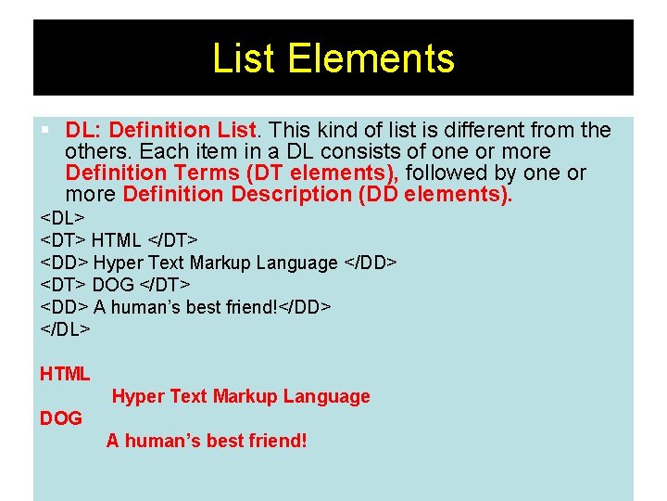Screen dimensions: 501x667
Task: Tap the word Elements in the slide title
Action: click(371, 58)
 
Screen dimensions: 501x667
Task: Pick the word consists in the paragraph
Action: click(355, 151)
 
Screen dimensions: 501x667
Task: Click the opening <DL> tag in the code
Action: click(62, 218)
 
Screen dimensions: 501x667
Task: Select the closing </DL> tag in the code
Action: click(65, 329)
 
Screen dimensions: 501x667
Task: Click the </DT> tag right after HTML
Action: click(172, 240)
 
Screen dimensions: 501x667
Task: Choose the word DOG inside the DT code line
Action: click(113, 285)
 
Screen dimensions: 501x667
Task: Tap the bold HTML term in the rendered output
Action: click(65, 374)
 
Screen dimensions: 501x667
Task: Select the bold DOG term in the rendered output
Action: click(61, 418)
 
